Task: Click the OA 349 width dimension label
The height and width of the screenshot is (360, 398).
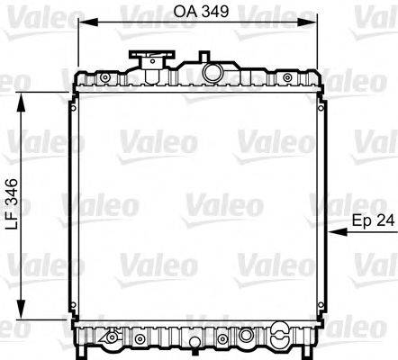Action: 199,12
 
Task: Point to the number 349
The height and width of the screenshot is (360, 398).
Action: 213,12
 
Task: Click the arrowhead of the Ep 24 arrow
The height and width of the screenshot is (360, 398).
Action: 336,232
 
